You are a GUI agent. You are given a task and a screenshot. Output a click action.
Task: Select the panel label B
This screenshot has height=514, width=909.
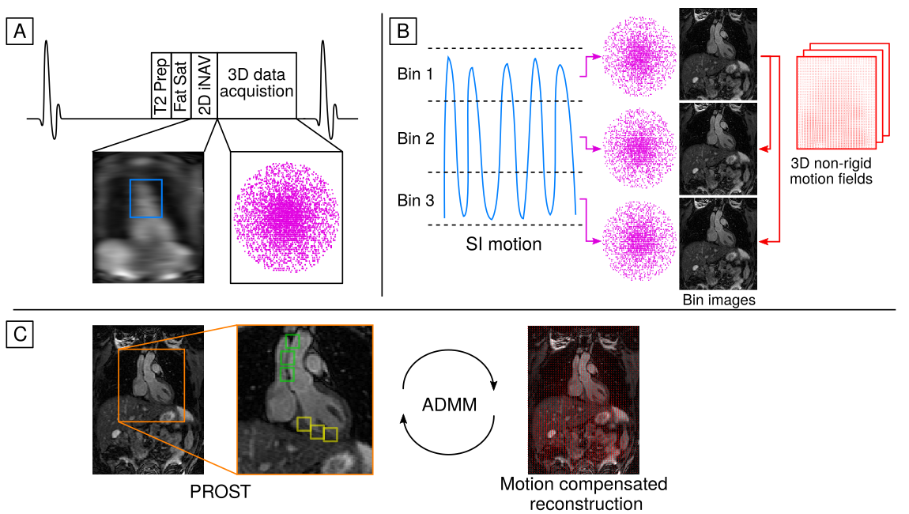click(402, 32)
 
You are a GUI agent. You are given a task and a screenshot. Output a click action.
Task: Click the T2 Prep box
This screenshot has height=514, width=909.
click(161, 86)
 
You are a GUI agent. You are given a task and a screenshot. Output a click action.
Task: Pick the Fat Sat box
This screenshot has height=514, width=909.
click(181, 86)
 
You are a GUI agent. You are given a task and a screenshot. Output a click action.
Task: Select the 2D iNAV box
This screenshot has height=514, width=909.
click(204, 86)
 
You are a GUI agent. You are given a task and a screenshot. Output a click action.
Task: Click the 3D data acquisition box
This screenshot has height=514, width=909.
click(257, 86)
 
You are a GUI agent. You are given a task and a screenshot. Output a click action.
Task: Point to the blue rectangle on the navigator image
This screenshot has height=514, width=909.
click(146, 197)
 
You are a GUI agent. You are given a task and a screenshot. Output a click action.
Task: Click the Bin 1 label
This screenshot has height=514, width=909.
click(415, 75)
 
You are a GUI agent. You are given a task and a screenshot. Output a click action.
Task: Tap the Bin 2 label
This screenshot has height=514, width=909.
click(415, 138)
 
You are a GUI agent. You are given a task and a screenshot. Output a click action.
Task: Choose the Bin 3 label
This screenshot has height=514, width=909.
click(415, 200)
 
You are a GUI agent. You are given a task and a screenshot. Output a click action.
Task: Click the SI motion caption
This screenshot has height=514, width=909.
click(503, 244)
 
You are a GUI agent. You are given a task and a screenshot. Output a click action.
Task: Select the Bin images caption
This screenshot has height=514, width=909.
click(719, 301)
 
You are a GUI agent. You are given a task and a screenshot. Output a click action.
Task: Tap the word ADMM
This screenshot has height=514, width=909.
click(450, 405)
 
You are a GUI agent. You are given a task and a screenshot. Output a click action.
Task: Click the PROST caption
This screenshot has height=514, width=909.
click(220, 492)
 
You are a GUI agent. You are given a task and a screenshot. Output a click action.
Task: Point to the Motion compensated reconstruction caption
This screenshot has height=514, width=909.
click(583, 493)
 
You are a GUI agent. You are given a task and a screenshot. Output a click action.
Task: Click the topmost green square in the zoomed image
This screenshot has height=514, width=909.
click(292, 341)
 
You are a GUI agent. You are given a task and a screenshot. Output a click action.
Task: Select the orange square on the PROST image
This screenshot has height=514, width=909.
click(151, 386)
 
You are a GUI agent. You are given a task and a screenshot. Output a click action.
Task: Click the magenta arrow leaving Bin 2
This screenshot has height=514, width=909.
click(588, 143)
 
